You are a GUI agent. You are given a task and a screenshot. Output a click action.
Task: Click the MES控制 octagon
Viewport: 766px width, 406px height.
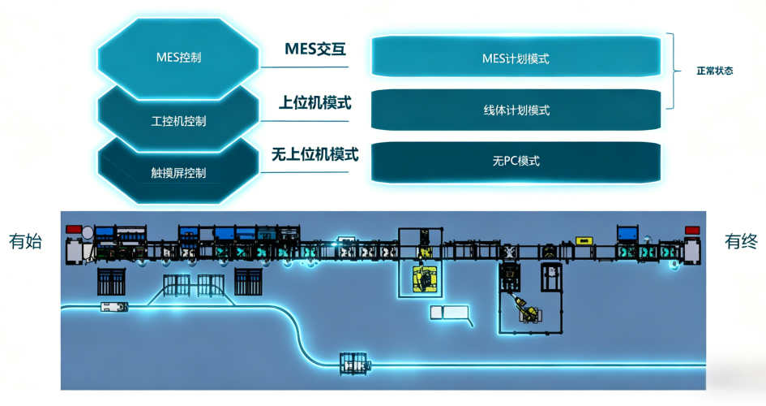pos(178,58)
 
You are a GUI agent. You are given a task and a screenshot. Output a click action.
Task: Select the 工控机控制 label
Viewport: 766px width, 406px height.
pos(178,122)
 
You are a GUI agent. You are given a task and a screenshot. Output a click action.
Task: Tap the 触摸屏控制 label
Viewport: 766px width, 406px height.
pos(178,173)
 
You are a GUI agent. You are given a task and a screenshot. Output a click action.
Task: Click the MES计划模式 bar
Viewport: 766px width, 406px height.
pos(516,58)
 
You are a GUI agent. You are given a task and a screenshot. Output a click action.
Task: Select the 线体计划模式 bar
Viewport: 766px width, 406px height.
pos(516,110)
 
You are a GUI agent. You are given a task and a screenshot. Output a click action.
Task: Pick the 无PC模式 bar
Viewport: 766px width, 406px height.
pos(516,161)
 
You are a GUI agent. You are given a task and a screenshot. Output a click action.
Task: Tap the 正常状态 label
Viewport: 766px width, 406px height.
pos(714,71)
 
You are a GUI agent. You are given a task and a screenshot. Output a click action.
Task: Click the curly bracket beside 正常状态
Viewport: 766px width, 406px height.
pos(672,71)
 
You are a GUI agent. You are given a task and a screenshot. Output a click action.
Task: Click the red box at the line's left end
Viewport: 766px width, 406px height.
pos(75,230)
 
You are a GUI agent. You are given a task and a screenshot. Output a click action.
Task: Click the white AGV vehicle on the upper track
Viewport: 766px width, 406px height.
pos(113,306)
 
